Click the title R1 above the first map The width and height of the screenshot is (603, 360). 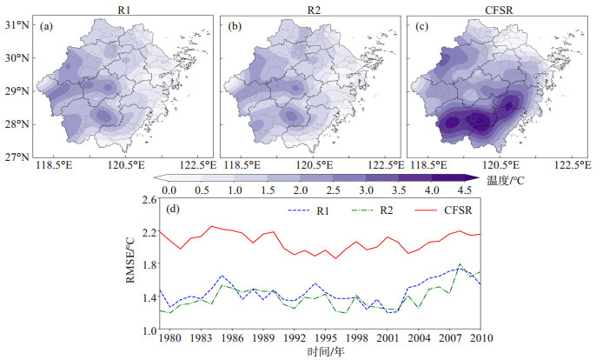[x=124, y=10]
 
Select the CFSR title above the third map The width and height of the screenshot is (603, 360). [x=499, y=10]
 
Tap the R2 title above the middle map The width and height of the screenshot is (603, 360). [x=314, y=10]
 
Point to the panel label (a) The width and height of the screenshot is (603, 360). [x=46, y=26]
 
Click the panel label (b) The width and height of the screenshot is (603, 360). [x=235, y=26]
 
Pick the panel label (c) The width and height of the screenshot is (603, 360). [x=422, y=26]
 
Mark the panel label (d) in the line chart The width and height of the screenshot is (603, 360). [x=173, y=210]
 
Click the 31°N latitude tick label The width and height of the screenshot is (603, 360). [x=17, y=25]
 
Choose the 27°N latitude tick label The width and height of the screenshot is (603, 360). [x=17, y=157]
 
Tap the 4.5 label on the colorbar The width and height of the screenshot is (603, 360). [x=465, y=190]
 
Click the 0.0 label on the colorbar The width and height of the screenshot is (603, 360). [x=169, y=190]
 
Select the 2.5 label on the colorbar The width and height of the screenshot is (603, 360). [x=334, y=190]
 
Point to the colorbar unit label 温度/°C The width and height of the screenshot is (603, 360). [x=506, y=180]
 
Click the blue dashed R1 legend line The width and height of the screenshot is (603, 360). [x=299, y=210]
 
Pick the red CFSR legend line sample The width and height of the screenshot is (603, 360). [x=426, y=210]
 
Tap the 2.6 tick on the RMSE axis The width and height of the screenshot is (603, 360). [x=149, y=200]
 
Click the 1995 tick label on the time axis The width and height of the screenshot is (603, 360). [x=326, y=338]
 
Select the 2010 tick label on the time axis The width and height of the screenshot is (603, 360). [x=481, y=338]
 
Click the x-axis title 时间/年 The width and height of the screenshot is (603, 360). [x=326, y=351]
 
